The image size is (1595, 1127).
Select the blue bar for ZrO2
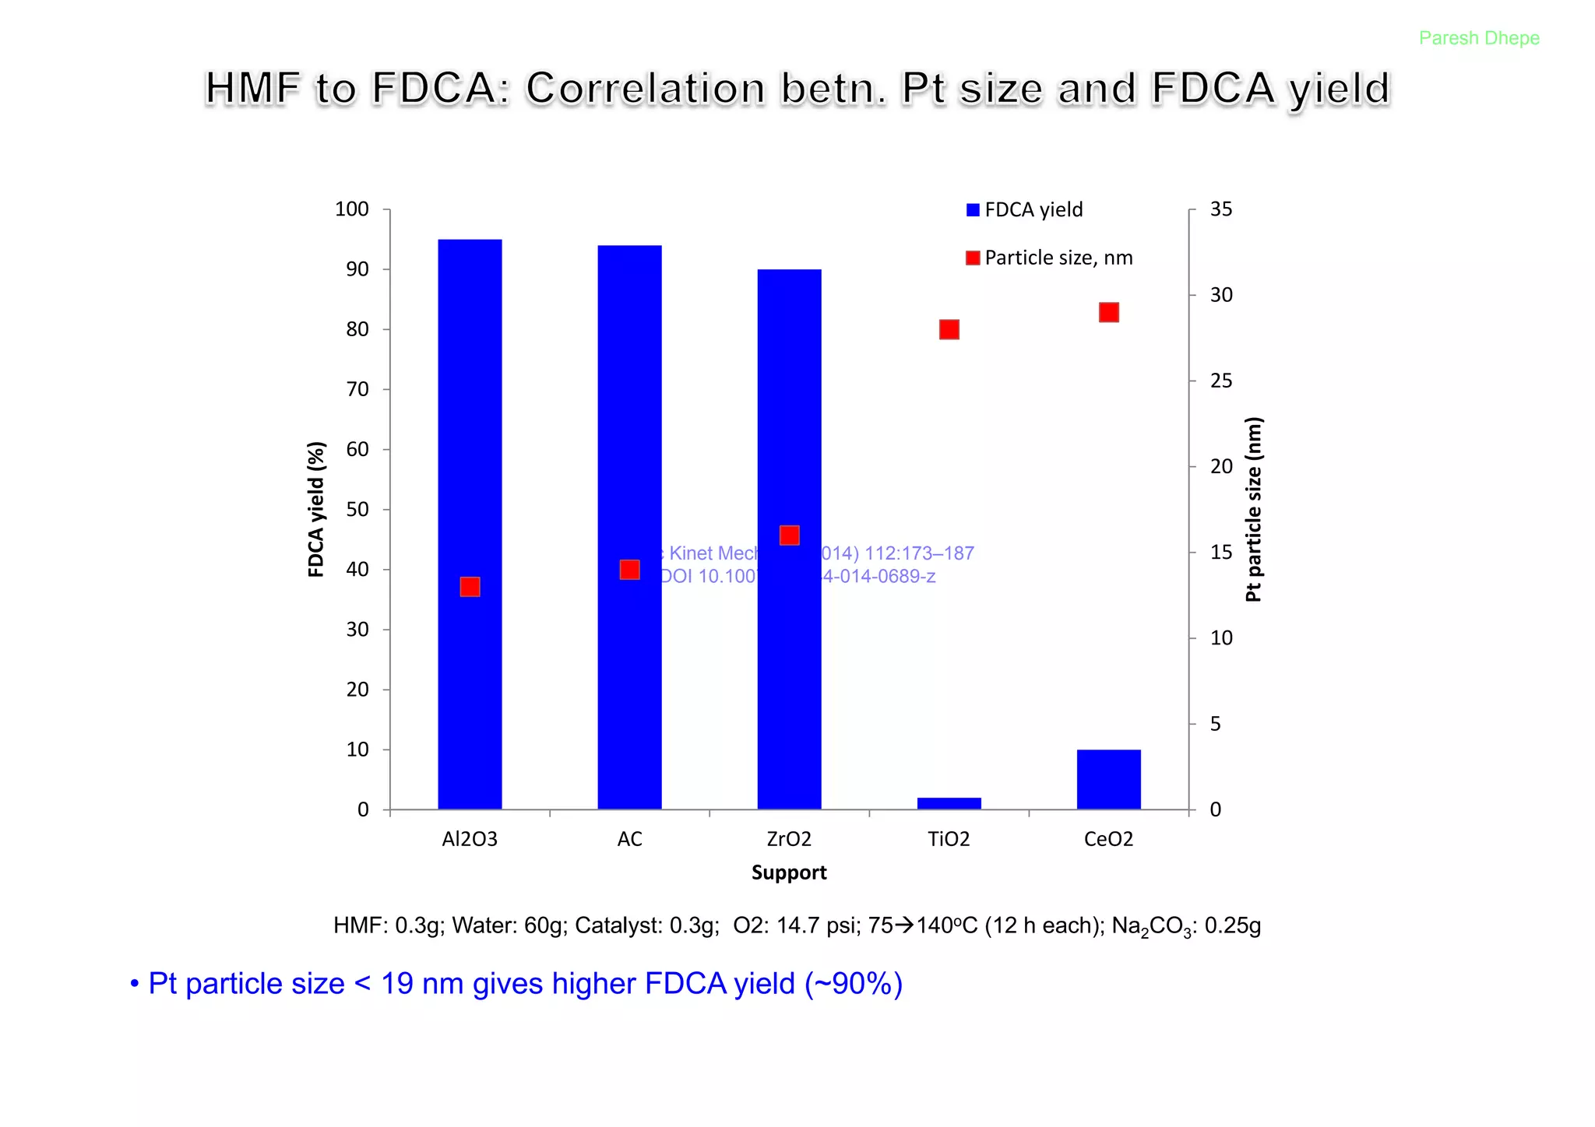(x=789, y=685)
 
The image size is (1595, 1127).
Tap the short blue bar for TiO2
(x=949, y=803)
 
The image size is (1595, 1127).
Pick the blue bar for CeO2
(x=1108, y=779)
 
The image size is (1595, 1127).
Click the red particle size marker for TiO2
(x=949, y=329)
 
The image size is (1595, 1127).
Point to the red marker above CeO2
(x=1108, y=312)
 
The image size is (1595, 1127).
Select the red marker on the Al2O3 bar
(x=470, y=586)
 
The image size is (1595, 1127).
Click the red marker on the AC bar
(x=629, y=570)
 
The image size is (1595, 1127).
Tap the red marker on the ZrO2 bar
(x=789, y=535)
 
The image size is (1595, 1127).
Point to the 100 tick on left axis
(x=351, y=209)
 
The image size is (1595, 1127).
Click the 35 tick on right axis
(x=1220, y=209)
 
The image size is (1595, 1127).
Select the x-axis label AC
(x=629, y=839)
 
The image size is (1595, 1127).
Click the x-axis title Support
(x=789, y=872)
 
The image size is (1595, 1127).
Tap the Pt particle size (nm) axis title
(x=1253, y=510)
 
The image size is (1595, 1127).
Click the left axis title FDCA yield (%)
(x=315, y=510)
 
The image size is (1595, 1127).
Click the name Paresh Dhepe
(x=1478, y=38)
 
